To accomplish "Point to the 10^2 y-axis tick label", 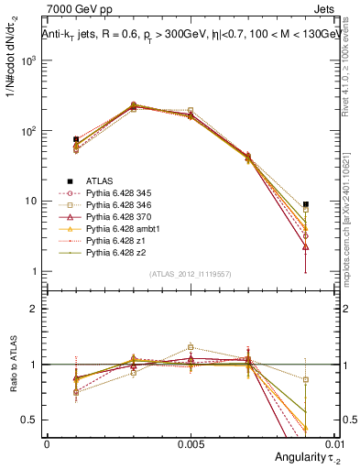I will click(x=29, y=131).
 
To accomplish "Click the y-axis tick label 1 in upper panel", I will click(x=35, y=272).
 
